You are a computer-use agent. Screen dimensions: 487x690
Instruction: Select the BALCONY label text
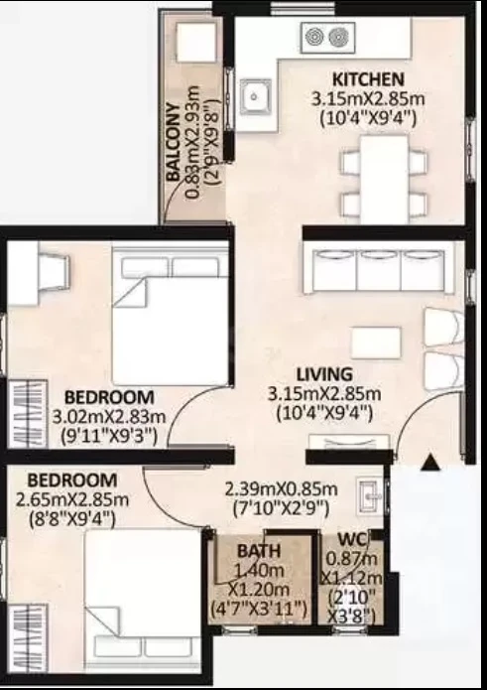pyautogui.click(x=174, y=142)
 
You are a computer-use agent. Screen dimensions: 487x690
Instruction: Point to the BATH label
pyautogui.click(x=259, y=550)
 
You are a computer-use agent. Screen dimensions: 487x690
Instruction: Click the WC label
pyautogui.click(x=352, y=539)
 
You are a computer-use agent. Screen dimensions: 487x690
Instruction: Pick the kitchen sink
pyautogui.click(x=255, y=97)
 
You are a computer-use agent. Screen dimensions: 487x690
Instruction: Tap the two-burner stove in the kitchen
pyautogui.click(x=328, y=38)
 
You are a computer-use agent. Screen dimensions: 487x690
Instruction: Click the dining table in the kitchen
pyautogui.click(x=384, y=179)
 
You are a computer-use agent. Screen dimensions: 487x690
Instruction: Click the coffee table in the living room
pyautogui.click(x=376, y=343)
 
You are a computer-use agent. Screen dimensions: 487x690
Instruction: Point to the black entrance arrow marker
pyautogui.click(x=430, y=463)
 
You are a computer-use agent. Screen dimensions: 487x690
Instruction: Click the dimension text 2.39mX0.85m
pyautogui.click(x=282, y=488)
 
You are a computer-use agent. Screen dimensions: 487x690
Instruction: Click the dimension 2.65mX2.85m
pyautogui.click(x=72, y=500)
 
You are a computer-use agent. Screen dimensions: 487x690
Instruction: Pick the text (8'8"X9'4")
pyautogui.click(x=72, y=519)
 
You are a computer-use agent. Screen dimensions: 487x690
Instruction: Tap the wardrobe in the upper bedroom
pyautogui.click(x=28, y=414)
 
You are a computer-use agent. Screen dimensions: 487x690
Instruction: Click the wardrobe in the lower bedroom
pyautogui.click(x=28, y=637)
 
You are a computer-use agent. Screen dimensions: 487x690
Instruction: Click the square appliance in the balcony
pyautogui.click(x=196, y=42)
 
